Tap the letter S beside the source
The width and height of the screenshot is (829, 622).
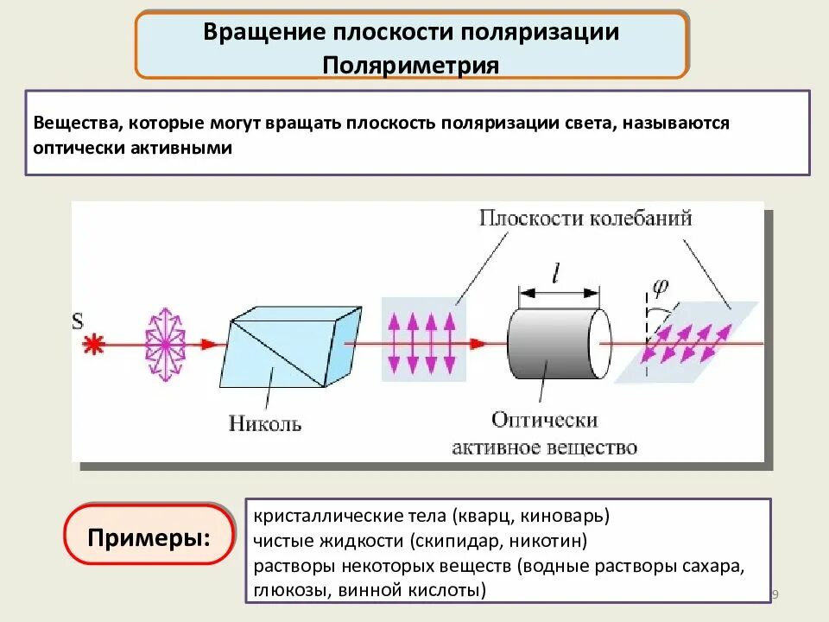tap(78, 321)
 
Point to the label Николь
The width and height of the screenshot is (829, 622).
tap(265, 423)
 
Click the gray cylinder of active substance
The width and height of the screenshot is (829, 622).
tap(553, 344)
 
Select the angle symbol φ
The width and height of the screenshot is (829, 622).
tap(661, 284)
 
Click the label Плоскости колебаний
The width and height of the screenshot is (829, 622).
tap(585, 218)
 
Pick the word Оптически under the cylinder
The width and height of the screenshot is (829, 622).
tap(545, 420)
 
